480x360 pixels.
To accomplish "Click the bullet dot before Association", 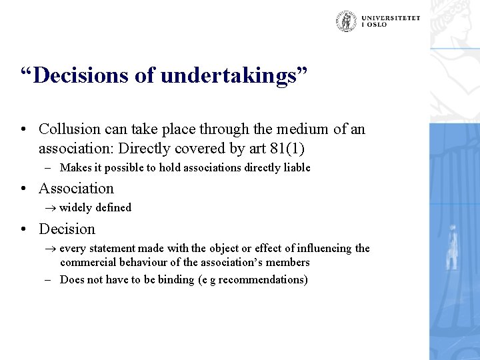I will click(23, 189).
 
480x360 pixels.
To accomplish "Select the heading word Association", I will click(76, 189).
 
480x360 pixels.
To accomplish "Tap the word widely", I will click(75, 207).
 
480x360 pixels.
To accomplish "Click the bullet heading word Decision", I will click(67, 229).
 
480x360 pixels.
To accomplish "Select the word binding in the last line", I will click(176, 279).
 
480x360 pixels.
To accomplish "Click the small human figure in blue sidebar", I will click(453, 247).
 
